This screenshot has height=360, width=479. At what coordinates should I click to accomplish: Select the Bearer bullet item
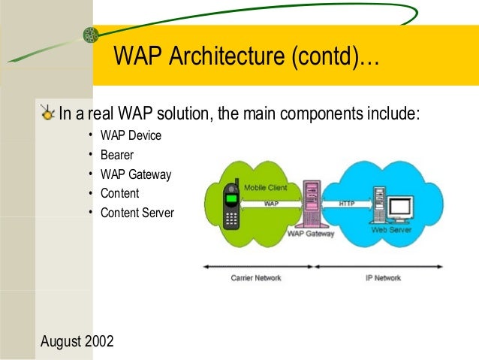(116, 156)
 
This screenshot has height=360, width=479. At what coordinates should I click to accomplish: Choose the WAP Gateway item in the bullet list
(136, 175)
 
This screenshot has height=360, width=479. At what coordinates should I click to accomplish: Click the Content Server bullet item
(137, 213)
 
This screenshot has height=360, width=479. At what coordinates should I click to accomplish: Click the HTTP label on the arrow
(346, 203)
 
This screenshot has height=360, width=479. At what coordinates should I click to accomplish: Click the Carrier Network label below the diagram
(255, 278)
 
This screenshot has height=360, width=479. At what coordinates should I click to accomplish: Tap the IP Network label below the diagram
(383, 278)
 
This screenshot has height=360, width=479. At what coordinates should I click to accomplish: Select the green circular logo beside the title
(90, 35)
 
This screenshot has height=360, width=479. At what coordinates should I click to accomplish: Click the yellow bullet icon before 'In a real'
(48, 114)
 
